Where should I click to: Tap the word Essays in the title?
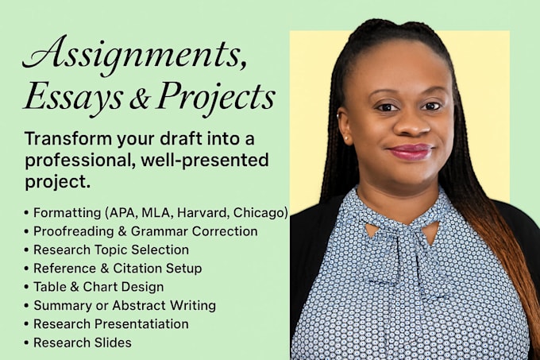click(74, 98)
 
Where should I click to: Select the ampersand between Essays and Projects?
click(140, 99)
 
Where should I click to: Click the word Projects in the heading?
click(216, 99)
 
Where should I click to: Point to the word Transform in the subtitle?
click(68, 139)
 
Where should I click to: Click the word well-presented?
click(205, 161)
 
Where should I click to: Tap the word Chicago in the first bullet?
click(259, 213)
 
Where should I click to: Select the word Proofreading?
click(73, 231)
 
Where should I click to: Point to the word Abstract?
click(139, 305)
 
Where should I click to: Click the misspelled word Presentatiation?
click(141, 323)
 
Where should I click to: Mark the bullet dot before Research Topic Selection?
click(26, 250)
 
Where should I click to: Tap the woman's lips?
click(411, 152)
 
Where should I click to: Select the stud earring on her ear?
click(345, 138)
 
